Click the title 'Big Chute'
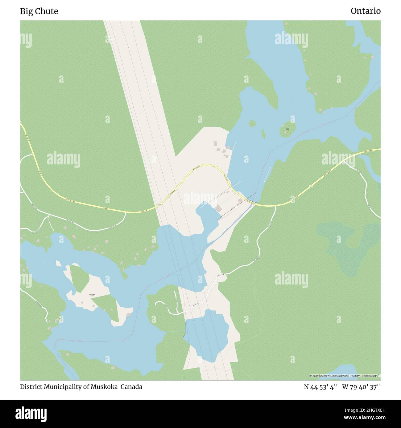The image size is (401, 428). (x=39, y=11)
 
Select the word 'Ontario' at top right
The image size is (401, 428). (x=366, y=11)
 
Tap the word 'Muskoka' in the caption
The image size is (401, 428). (x=104, y=387)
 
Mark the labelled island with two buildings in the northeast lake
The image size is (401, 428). (x=287, y=129)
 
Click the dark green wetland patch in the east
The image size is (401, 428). (x=349, y=243)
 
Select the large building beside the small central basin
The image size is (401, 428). (x=218, y=208)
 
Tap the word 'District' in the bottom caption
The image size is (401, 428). (x=30, y=387)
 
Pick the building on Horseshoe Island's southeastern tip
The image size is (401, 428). (x=128, y=315)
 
